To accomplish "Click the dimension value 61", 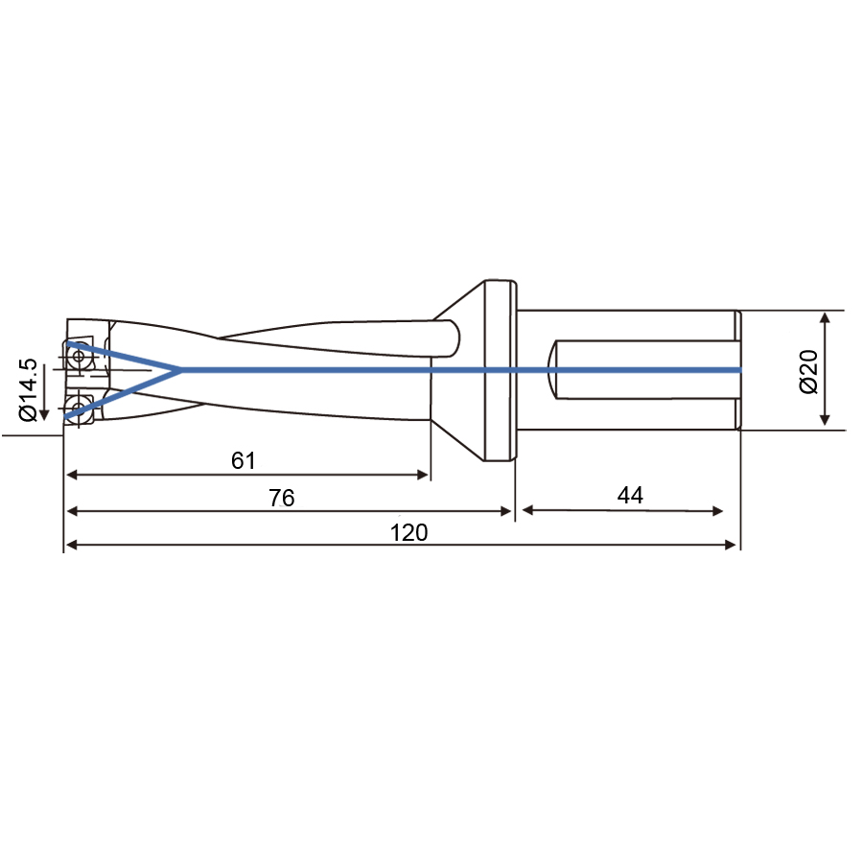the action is (244, 460).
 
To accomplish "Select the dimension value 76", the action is (282, 498).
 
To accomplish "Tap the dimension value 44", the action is (630, 495).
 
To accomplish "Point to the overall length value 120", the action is (408, 532).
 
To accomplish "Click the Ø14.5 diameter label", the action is (28, 389).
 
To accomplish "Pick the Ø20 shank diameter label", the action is (808, 371).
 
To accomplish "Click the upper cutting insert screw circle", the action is (79, 356).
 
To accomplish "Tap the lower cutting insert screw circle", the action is (78, 408).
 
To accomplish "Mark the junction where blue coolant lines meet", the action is (179, 370).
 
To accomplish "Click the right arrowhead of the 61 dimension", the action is (423, 475).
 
